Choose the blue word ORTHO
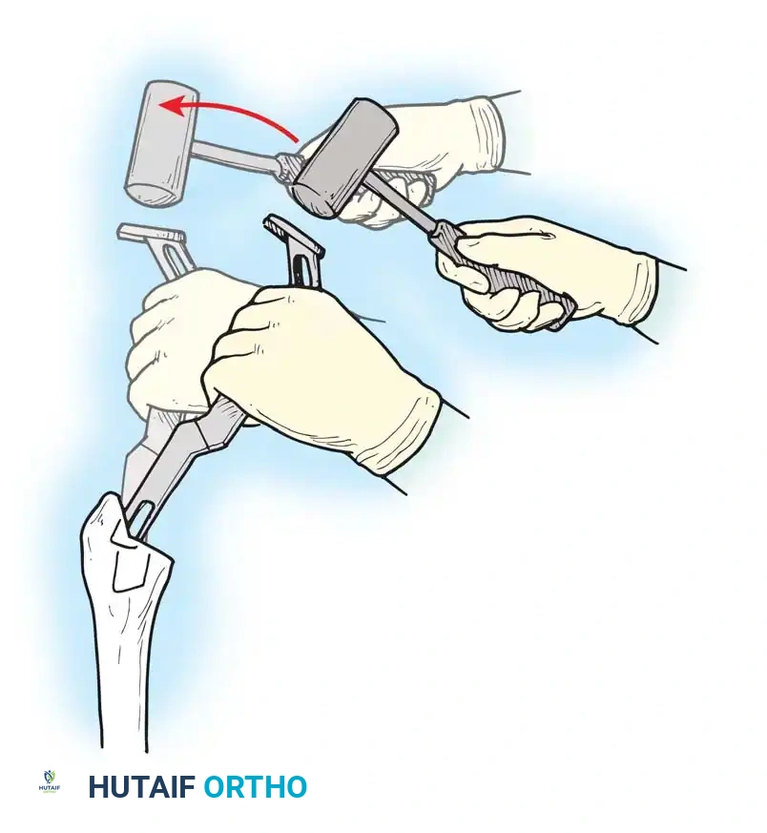pos(255,787)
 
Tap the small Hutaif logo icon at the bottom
pos(49,782)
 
